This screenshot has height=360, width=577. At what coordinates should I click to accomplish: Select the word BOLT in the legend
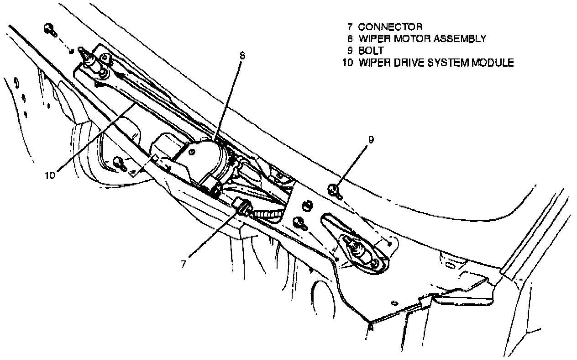coord(371,51)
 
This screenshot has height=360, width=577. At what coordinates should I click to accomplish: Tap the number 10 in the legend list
coord(348,63)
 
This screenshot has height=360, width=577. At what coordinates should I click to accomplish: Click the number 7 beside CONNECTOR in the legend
coord(350,27)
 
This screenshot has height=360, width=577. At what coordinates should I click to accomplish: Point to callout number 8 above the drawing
coord(242,56)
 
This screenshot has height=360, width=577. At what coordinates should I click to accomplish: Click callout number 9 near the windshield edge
coord(371,140)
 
